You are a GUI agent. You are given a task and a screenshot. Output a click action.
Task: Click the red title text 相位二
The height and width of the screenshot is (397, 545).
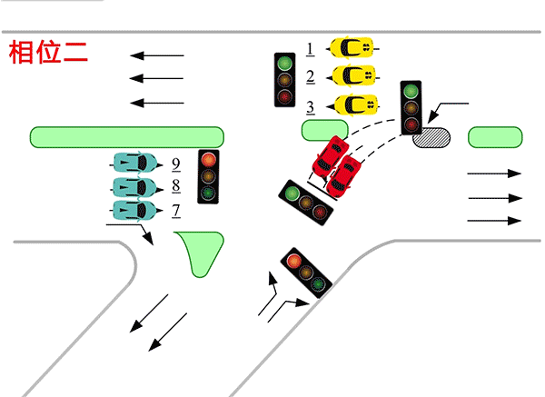(x=48, y=52)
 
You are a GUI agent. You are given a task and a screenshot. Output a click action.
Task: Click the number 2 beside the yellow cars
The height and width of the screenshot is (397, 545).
(x=310, y=76)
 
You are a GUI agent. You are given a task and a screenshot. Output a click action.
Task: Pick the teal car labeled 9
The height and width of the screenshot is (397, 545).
(x=134, y=164)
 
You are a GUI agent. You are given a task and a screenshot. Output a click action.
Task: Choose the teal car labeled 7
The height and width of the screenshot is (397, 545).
(x=133, y=211)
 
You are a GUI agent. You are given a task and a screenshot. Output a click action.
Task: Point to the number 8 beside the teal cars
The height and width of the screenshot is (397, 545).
(x=175, y=188)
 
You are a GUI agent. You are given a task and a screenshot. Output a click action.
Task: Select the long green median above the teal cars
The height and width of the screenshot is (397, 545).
(x=127, y=136)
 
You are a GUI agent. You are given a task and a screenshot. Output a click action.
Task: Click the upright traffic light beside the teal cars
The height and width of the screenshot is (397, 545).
(x=210, y=175)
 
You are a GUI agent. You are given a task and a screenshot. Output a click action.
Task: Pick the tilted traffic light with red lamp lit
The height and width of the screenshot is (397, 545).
(x=305, y=272)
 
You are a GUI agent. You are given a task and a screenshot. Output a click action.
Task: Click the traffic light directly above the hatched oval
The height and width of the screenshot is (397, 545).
(x=411, y=106)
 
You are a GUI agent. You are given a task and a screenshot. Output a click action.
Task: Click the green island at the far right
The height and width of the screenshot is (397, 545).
(x=494, y=136)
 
